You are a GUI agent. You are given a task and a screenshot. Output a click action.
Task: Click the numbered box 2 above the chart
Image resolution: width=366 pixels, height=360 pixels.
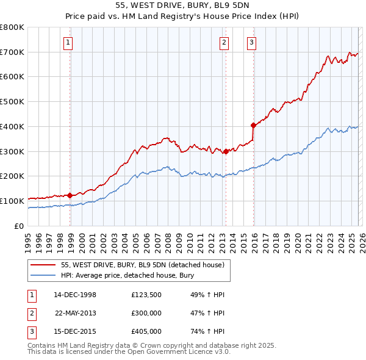[224, 42]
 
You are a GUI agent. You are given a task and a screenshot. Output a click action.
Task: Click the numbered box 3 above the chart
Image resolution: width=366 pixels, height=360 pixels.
[252, 42]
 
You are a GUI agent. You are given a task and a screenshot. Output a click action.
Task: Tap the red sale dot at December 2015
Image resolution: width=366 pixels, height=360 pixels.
[253, 125]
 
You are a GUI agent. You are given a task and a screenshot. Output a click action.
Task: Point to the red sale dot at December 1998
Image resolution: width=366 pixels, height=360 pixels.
[70, 195]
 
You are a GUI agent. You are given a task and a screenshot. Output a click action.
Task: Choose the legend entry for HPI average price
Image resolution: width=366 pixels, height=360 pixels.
[127, 275]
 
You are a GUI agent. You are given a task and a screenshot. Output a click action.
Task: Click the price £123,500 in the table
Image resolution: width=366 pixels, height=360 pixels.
[146, 295]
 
